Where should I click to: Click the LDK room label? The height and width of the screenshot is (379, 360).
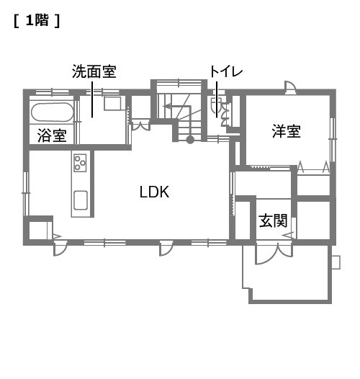pyautogui.click(x=154, y=192)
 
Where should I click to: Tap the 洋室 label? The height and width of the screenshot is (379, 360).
pyautogui.click(x=287, y=131)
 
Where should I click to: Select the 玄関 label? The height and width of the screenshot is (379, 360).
pyautogui.click(x=274, y=220)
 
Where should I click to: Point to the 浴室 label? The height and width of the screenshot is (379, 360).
pyautogui.click(x=52, y=135)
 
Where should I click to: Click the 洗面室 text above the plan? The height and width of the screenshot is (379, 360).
pyautogui.click(x=94, y=71)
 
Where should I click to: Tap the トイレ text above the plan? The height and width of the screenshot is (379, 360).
pyautogui.click(x=226, y=71)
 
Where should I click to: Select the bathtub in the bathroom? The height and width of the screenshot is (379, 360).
pyautogui.click(x=52, y=112)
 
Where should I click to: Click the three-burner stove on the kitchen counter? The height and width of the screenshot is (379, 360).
pyautogui.click(x=80, y=163)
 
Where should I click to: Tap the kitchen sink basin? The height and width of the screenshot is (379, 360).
pyautogui.click(x=81, y=200)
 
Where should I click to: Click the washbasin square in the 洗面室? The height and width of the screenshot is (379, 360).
pyautogui.click(x=112, y=103)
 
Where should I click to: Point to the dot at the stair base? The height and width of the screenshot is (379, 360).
pyautogui.click(x=190, y=140)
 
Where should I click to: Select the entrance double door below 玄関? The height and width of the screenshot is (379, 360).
pyautogui.click(x=274, y=254)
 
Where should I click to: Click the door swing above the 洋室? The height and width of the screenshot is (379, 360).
pyautogui.click(x=290, y=87)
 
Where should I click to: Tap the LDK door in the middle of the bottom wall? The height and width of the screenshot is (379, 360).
pyautogui.click(x=166, y=249)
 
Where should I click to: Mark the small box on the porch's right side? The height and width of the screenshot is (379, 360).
pyautogui.click(x=336, y=262)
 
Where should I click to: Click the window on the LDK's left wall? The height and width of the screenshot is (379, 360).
pyautogui.click(x=26, y=193)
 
